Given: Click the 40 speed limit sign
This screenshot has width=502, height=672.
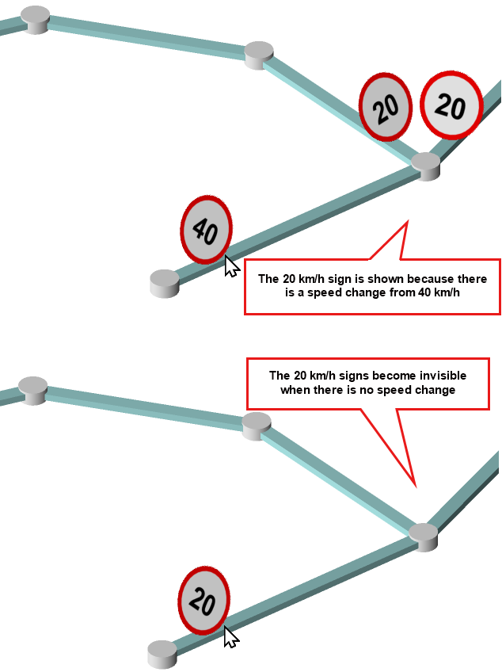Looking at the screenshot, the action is (x=206, y=230).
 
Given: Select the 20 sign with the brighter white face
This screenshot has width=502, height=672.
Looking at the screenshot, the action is (x=451, y=105).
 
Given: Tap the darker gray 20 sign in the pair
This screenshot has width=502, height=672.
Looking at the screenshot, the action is (x=385, y=107).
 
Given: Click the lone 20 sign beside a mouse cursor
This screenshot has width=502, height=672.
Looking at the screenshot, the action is (x=203, y=601).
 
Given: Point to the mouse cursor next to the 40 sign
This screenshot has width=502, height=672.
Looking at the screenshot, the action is (x=231, y=266).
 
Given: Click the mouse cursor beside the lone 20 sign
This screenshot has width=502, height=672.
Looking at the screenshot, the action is (x=230, y=637).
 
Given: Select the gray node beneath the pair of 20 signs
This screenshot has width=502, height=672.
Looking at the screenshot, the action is (x=426, y=166).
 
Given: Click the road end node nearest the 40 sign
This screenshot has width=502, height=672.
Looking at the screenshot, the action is (x=165, y=284).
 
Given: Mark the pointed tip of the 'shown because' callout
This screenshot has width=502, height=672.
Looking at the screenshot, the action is (x=407, y=221).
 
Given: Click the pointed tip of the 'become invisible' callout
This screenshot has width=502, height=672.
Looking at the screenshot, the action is (x=416, y=487).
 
